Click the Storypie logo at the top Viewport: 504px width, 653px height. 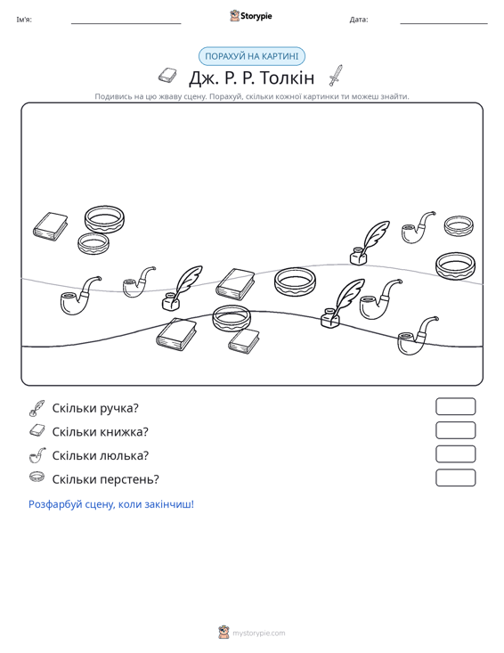[x=251, y=16]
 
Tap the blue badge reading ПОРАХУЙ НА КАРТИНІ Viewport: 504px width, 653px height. [x=252, y=56]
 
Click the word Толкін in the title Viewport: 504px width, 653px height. [x=287, y=78]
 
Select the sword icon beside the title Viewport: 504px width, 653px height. [x=336, y=76]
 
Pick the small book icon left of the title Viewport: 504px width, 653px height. [x=167, y=76]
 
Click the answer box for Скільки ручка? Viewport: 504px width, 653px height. [x=455, y=406]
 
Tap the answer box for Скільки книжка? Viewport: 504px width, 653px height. [x=455, y=430]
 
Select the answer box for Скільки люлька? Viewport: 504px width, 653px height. [x=455, y=454]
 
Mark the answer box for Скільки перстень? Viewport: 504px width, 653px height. [x=455, y=478]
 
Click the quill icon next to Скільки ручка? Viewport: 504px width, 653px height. [x=37, y=408]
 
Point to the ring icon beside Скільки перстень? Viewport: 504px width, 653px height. [x=37, y=477]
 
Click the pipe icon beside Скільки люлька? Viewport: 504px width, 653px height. [x=37, y=455]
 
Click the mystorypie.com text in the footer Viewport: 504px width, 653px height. [x=259, y=633]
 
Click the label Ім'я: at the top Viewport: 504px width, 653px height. [x=24, y=20]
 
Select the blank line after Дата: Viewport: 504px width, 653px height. [x=443, y=23]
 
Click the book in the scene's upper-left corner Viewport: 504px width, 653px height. [x=51, y=226]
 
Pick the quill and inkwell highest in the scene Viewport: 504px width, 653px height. [x=370, y=243]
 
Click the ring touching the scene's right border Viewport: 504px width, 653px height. [x=455, y=266]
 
